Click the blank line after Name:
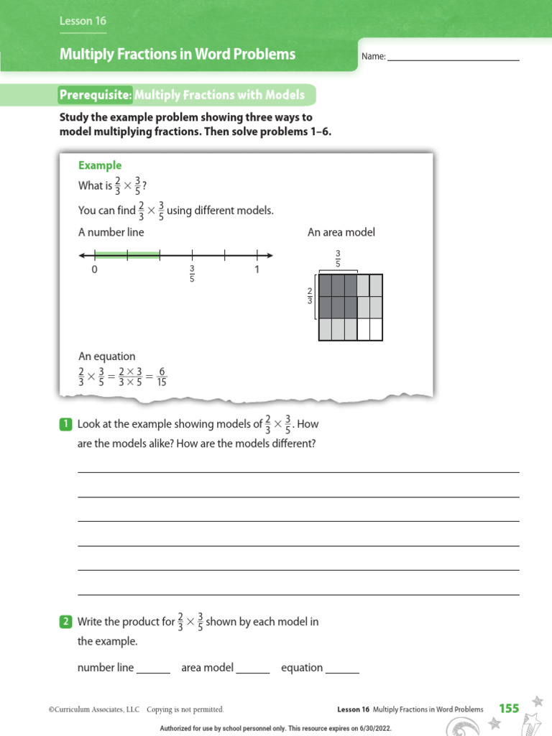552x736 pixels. pyautogui.click(x=453, y=57)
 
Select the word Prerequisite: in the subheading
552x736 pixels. pyautogui.click(x=96, y=95)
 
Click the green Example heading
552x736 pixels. pyautogui.click(x=100, y=165)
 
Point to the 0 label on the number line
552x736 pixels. pyautogui.click(x=94, y=270)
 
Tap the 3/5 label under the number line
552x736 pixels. pyautogui.click(x=192, y=274)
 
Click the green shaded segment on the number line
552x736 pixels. pyautogui.click(x=127, y=254)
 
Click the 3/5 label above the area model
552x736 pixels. pyautogui.click(x=337, y=259)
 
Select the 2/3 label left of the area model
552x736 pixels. pyautogui.click(x=310, y=295)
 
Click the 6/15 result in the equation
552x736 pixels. pyautogui.click(x=162, y=377)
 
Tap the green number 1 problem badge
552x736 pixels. pyautogui.click(x=65, y=424)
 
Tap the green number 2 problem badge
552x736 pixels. pyautogui.click(x=65, y=622)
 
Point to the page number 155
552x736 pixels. pyautogui.click(x=509, y=709)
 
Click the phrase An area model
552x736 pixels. pyautogui.click(x=341, y=232)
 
